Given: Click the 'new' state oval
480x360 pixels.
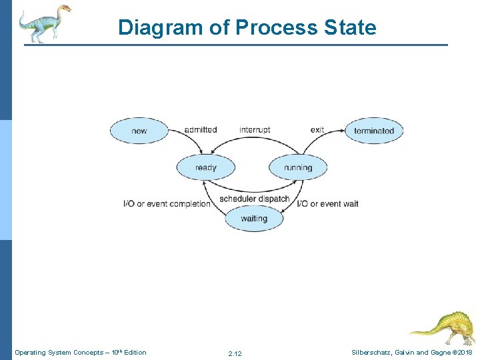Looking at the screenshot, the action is tap(139, 131).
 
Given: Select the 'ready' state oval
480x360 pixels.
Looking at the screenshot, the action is tap(205, 167).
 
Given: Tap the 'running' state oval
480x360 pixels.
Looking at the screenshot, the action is tap(297, 167).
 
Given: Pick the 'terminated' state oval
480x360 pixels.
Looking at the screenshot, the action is tap(374, 131).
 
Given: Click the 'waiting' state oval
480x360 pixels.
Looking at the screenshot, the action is tap(253, 219).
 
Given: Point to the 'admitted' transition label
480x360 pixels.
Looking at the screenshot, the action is tap(201, 129).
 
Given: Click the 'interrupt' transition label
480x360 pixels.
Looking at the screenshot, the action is tap(255, 129).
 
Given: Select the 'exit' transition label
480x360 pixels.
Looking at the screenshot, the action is tap(317, 129).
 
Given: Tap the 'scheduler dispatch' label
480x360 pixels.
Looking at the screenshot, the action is tap(254, 199).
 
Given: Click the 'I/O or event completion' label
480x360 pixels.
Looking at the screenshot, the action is tap(167, 203).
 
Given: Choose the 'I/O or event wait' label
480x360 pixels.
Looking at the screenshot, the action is tap(327, 203).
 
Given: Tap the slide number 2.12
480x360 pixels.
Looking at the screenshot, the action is tap(235, 353).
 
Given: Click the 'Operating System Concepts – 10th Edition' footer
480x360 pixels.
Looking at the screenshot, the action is tap(80, 352).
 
